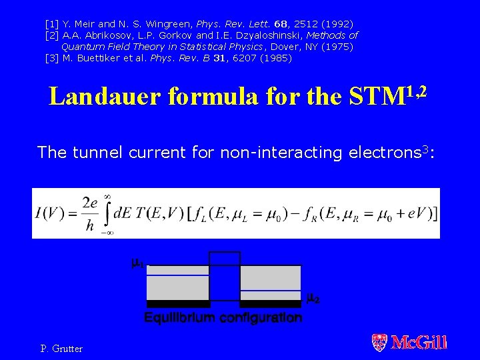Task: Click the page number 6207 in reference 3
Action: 237,58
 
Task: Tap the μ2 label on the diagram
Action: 313,299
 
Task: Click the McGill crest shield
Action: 379,343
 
